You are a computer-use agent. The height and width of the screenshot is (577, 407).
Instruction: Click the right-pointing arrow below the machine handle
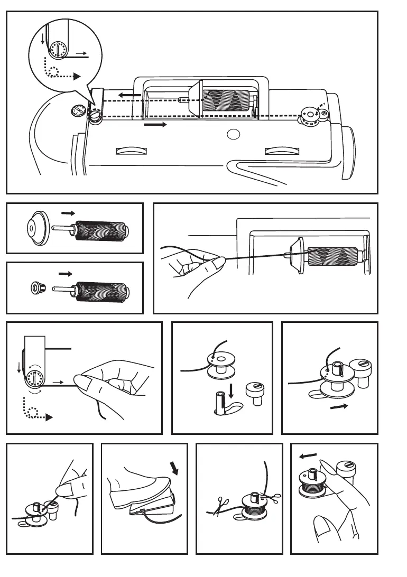pos(155,125)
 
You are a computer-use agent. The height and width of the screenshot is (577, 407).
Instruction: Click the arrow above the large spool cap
pos(68,213)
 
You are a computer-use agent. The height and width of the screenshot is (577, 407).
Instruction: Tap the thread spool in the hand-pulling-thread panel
pos(333,255)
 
